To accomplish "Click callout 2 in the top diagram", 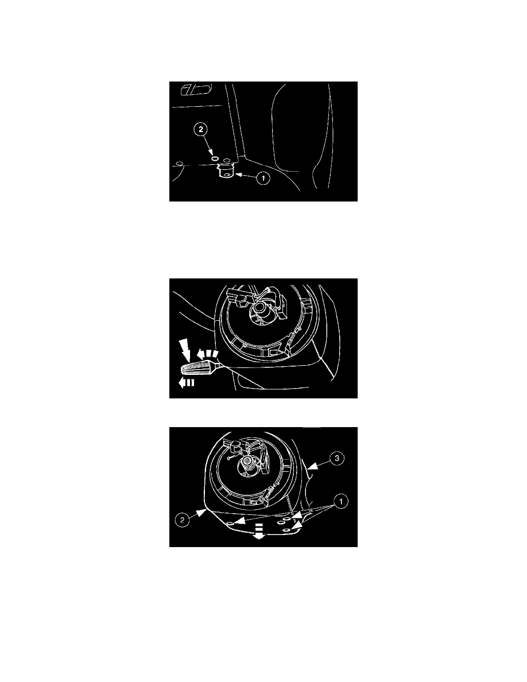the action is point(201,129).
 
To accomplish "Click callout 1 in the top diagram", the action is point(262,178).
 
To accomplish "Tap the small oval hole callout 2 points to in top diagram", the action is point(214,159).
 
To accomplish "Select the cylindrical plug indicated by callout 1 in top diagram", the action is point(226,170).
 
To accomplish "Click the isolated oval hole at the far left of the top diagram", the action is point(179,164).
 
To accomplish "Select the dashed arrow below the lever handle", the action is point(186,383).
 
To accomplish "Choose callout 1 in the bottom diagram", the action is point(340,502).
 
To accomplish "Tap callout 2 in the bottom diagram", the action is point(182,520).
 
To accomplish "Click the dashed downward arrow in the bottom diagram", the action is point(259,532).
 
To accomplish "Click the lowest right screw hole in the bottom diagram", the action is point(286,530).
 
